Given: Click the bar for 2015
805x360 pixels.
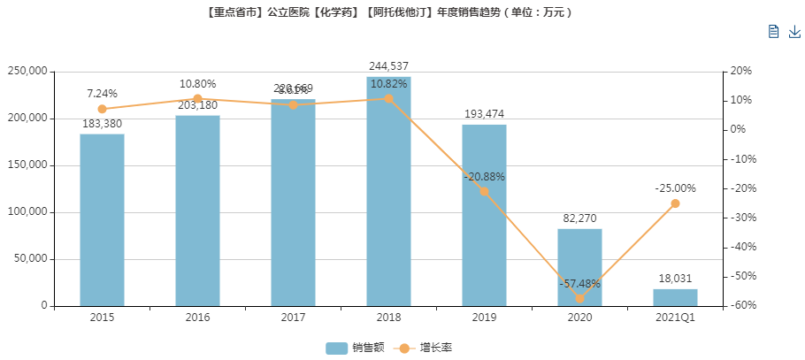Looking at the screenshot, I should click(102, 220).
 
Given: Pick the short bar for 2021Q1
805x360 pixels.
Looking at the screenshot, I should click(675, 297).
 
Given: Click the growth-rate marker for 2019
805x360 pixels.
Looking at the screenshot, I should click(484, 191).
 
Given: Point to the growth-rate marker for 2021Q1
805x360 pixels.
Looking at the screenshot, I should click(675, 203).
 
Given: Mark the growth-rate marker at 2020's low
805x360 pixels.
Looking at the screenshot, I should click(579, 298).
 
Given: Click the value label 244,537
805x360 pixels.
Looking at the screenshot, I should click(388, 66).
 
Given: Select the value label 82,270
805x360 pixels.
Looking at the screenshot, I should click(579, 218).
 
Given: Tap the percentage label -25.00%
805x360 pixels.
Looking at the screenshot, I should click(675, 188).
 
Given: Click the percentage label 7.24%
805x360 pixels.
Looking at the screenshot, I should click(102, 94).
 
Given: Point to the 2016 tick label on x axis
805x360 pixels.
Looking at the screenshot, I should click(197, 317).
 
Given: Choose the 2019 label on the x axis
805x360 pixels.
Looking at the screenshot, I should click(484, 317).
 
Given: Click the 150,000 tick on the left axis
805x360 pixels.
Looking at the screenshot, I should click(30, 165).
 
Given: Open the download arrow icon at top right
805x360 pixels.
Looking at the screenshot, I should click(793, 32).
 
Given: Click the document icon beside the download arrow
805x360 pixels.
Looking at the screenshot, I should click(773, 32).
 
